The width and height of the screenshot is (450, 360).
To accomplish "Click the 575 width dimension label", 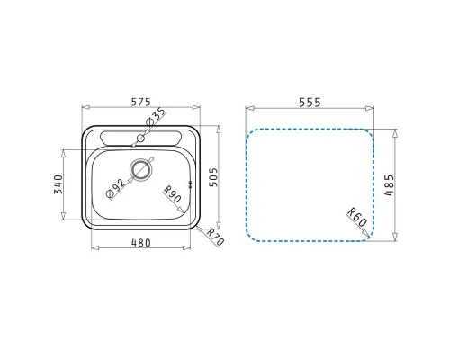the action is pos(141,103).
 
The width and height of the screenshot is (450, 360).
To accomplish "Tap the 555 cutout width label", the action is pos(310,103).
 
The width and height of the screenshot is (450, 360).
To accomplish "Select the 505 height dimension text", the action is pos(213,177).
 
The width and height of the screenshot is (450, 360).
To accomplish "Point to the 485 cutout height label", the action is pos(389,185).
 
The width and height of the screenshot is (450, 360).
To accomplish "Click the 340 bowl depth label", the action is pos(58,184).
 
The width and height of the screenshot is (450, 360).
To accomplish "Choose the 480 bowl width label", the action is pos(141,243).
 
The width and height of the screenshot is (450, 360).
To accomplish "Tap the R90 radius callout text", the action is pos(173,194).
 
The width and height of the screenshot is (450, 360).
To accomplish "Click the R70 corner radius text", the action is pos(216,237).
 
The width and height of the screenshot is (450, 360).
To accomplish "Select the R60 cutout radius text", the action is pos(357,217).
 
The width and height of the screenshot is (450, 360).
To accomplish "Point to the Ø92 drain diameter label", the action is pos(116,188).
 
